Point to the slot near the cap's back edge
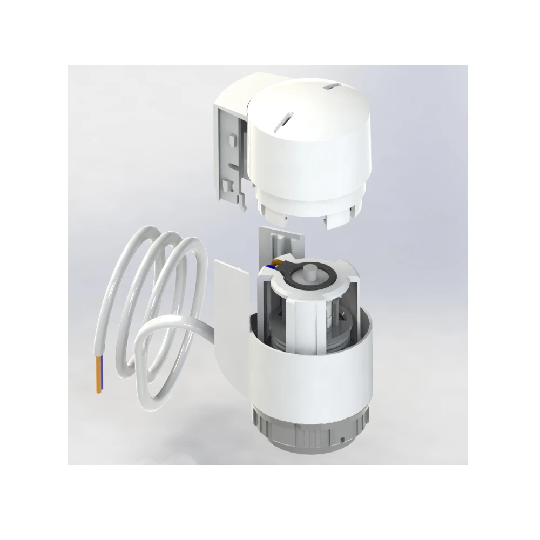point(330,87)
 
